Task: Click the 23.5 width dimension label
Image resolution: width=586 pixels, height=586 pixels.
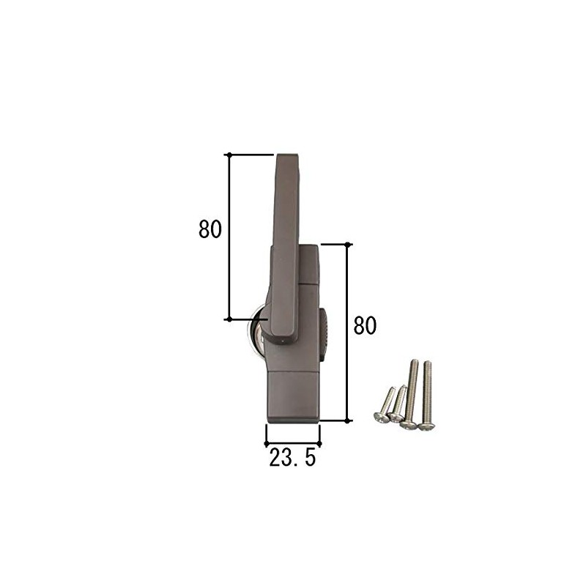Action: pyautogui.click(x=292, y=459)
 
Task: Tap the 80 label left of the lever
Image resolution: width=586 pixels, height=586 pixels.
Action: pyautogui.click(x=209, y=229)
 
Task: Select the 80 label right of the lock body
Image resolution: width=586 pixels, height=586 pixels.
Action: pyautogui.click(x=364, y=324)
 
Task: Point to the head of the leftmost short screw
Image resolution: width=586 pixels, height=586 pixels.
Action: pyautogui.click(x=380, y=417)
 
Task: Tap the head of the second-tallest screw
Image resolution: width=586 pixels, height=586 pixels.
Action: pyautogui.click(x=409, y=424)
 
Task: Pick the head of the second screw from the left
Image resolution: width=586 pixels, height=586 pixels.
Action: pyautogui.click(x=396, y=418)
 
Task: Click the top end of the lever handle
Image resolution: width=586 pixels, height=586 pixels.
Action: pyautogui.click(x=286, y=157)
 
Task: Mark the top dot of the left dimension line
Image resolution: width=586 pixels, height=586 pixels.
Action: pyautogui.click(x=229, y=155)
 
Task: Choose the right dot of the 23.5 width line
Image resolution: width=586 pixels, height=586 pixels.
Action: pyautogui.click(x=319, y=442)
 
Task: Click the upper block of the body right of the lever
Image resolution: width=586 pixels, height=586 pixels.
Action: pyautogui.click(x=308, y=264)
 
